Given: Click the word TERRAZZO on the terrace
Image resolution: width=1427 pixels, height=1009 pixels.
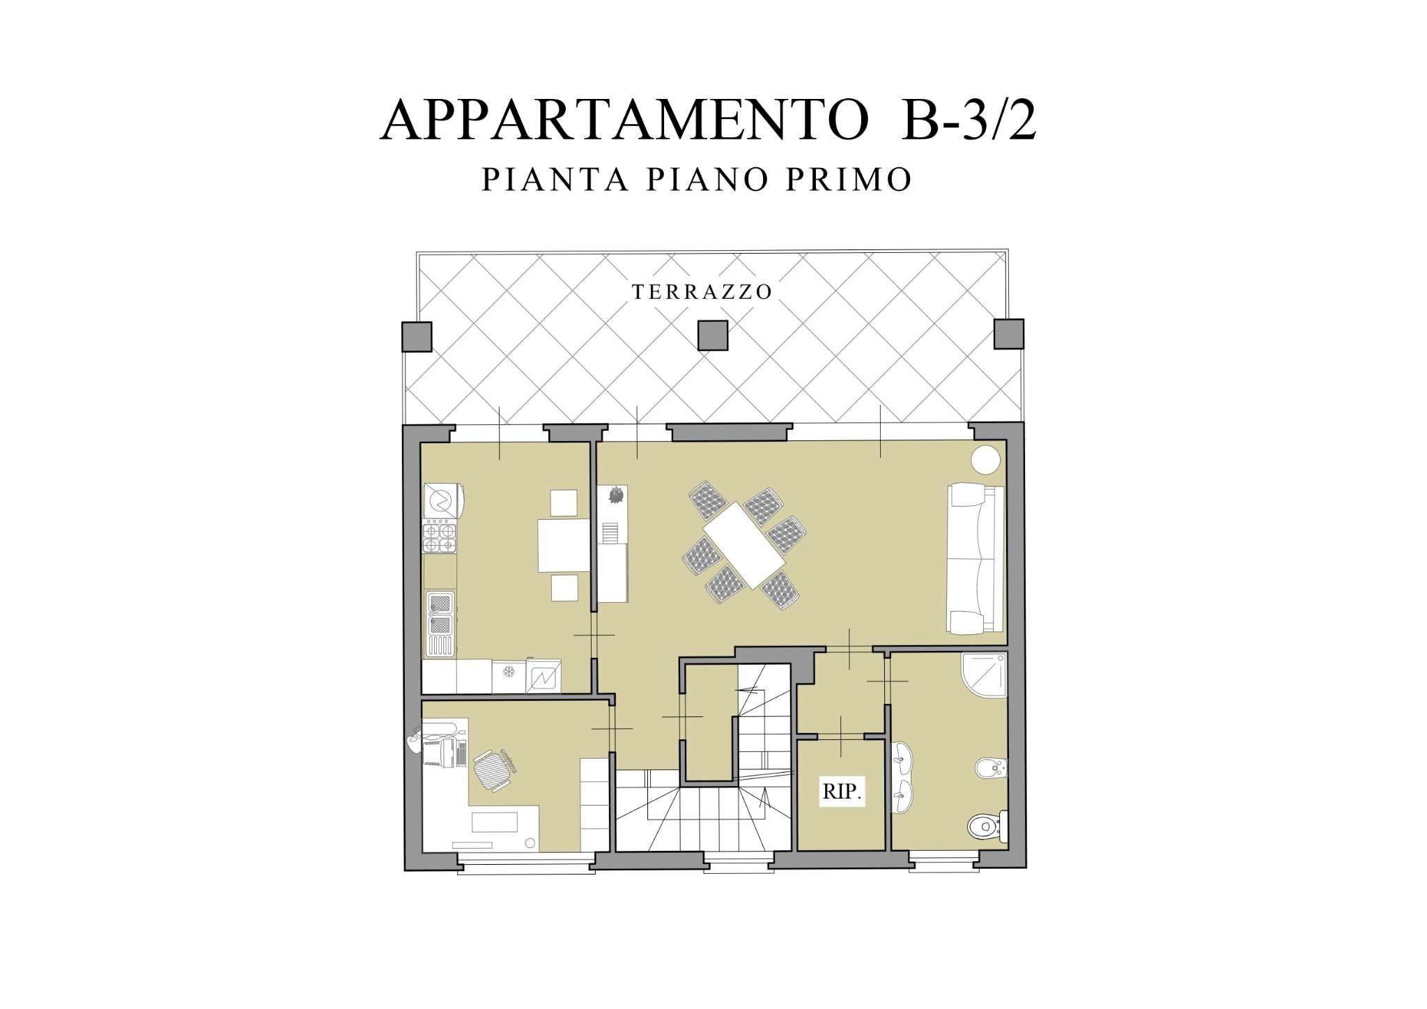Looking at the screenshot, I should point(702,292).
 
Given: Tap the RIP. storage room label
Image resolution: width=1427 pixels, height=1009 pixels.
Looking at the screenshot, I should point(842,792).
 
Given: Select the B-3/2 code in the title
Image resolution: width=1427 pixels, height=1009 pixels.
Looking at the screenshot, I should point(969,121).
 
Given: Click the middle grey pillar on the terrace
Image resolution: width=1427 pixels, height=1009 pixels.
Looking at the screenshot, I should point(713,335).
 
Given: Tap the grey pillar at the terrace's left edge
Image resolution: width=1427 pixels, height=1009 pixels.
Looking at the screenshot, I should point(417,336).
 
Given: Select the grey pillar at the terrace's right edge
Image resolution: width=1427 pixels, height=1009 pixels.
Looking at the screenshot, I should point(1008,334).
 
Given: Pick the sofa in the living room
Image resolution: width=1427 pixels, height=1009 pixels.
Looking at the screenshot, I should point(975,558).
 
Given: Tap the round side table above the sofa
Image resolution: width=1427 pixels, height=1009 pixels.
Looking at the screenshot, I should point(985,460).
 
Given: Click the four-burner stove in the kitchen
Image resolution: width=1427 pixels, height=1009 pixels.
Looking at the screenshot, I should point(440,537).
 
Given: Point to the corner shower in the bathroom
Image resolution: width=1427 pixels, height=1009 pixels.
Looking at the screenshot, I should point(984,675).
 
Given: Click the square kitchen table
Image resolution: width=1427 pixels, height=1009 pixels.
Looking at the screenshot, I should point(564,545).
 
